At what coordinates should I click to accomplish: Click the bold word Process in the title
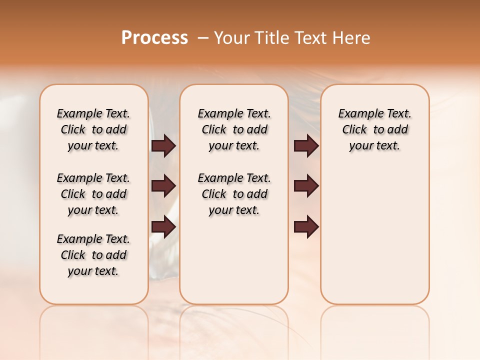154,38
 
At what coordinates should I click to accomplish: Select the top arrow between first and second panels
163,146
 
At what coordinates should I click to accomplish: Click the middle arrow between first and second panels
163,186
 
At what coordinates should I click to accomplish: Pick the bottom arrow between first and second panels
163,227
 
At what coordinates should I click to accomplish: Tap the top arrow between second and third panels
306,146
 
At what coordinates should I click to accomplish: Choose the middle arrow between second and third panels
306,186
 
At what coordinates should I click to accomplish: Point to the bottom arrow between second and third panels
306,227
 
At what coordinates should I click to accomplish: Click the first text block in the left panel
93,129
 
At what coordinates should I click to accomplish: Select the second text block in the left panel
93,194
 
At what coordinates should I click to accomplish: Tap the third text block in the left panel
93,255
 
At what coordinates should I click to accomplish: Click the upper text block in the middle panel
234,129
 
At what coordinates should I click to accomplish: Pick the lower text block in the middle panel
234,194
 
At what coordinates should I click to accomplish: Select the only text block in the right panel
374,129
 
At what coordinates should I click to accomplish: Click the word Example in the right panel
358,114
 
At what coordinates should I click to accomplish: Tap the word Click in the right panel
354,130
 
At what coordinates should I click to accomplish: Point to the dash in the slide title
202,38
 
